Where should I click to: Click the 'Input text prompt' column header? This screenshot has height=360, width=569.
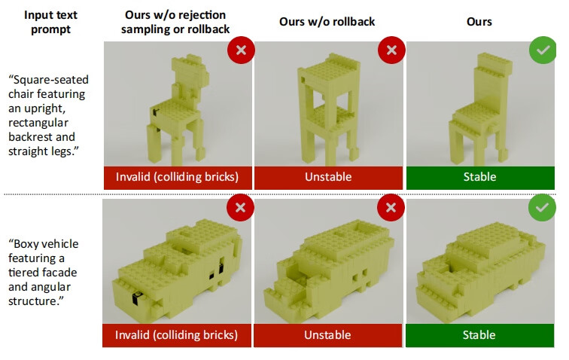pyautogui.click(x=50, y=22)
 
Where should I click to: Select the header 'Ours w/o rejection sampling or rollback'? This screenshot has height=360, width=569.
pyautogui.click(x=175, y=22)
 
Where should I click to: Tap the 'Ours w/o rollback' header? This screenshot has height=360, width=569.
pyautogui.click(x=327, y=21)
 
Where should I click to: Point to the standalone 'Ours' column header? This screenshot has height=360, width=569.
pyautogui.click(x=479, y=21)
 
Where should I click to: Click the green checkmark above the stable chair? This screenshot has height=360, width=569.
pyautogui.click(x=543, y=50)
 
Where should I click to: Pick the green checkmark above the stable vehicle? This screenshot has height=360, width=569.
pyautogui.click(x=542, y=207)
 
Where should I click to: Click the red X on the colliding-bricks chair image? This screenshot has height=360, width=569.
pyautogui.click(x=241, y=50)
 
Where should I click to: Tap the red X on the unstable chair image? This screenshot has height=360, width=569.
pyautogui.click(x=391, y=50)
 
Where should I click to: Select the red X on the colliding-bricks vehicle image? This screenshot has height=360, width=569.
pyautogui.click(x=240, y=207)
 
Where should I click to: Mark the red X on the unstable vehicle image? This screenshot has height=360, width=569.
pyautogui.click(x=391, y=207)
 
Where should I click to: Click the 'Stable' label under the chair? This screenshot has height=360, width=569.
pyautogui.click(x=479, y=177)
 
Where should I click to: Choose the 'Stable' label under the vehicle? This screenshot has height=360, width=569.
pyautogui.click(x=479, y=335)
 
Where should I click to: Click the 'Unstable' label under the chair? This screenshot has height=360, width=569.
pyautogui.click(x=328, y=177)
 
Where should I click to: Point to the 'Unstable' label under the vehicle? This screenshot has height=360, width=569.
pyautogui.click(x=327, y=335)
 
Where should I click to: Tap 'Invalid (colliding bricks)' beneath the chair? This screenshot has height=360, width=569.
pyautogui.click(x=177, y=177)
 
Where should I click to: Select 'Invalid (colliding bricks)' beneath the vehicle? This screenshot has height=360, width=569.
pyautogui.click(x=176, y=335)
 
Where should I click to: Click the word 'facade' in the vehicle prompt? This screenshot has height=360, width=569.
pyautogui.click(x=61, y=273)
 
